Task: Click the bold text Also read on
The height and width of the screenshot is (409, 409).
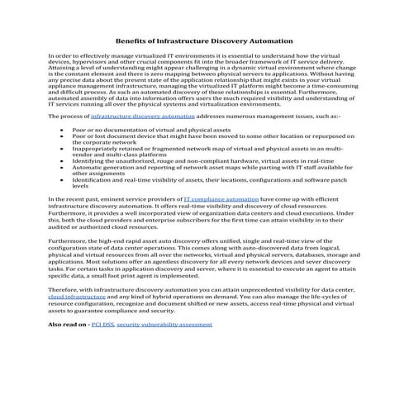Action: (x=69, y=325)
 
